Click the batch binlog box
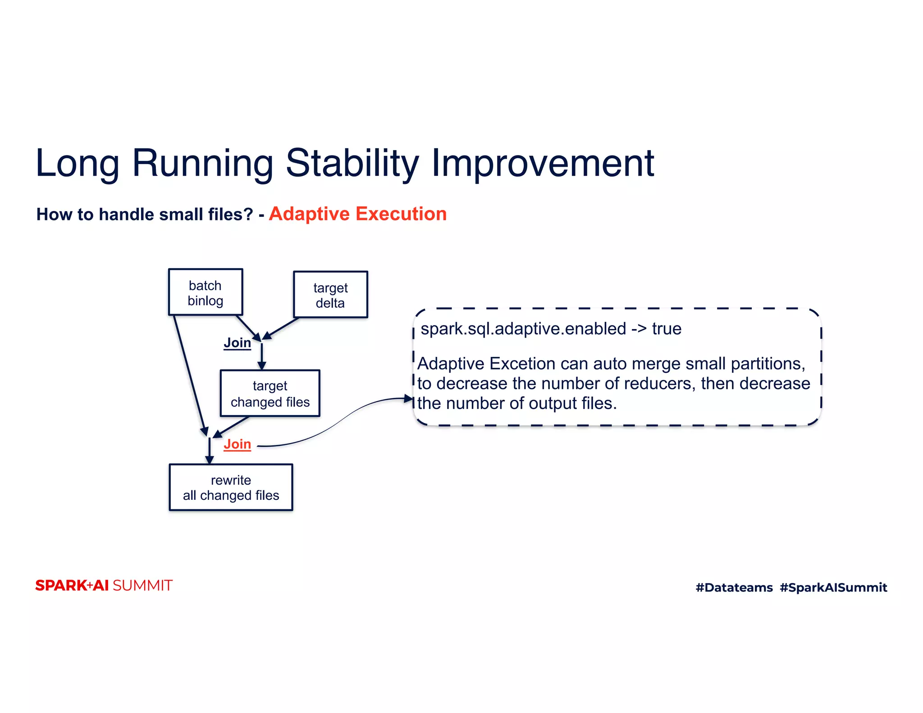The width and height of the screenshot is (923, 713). [206, 292]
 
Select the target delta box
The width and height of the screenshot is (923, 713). [330, 295]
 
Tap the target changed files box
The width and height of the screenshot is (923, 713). [270, 393]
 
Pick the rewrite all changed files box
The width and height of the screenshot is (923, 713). [231, 487]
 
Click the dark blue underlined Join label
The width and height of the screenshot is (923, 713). [237, 343]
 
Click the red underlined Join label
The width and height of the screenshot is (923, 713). [237, 444]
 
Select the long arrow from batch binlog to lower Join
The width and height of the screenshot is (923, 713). [190, 374]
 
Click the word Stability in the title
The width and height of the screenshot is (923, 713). [352, 163]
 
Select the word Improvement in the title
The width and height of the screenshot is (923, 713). [543, 163]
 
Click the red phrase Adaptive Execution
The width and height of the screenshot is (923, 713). [357, 214]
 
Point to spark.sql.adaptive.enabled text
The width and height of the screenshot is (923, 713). [523, 329]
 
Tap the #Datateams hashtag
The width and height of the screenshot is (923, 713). [734, 587]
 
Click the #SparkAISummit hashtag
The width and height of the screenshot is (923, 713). [833, 587]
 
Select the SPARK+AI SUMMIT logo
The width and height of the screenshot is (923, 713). [104, 585]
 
